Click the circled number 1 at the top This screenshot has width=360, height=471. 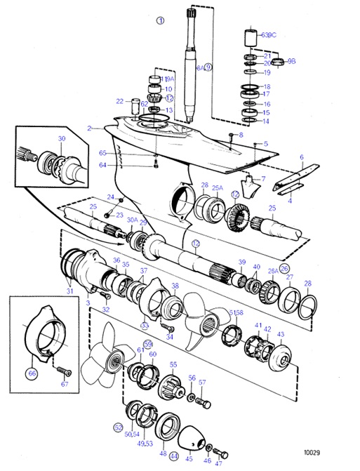(160, 21)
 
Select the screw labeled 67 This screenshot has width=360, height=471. (62, 369)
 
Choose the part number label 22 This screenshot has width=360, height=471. (120, 101)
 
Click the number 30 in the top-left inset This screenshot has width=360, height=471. (61, 139)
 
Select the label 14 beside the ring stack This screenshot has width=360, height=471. (266, 121)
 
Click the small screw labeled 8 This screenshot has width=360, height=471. (232, 135)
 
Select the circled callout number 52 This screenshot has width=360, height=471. (118, 427)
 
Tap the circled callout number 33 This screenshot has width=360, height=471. (145, 325)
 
